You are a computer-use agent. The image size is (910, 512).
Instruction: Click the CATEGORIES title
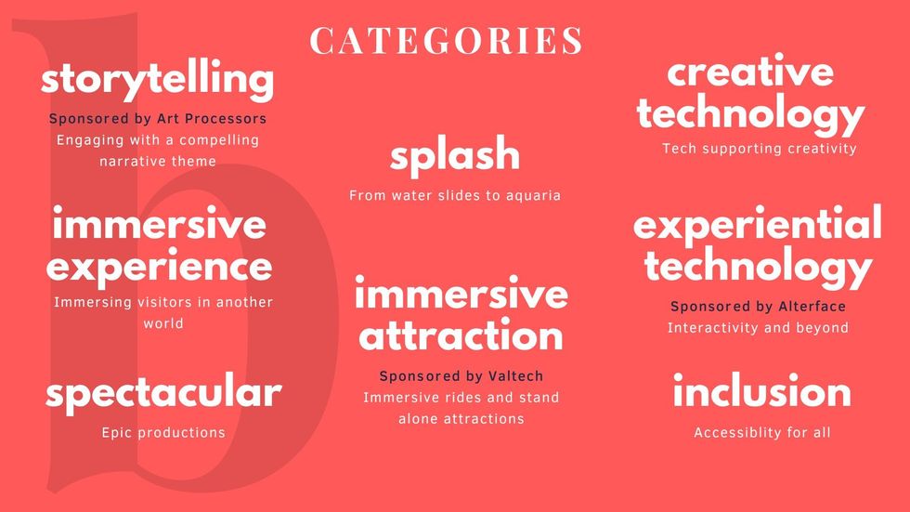point(446,40)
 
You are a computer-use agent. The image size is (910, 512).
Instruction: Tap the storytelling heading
point(157,80)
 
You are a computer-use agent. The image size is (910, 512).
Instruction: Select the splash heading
point(455,155)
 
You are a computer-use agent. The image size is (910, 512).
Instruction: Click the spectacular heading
point(163,393)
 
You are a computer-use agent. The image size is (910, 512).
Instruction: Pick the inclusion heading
point(762,389)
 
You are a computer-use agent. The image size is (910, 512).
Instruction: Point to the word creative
point(750,71)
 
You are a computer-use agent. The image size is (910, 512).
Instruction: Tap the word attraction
point(461,335)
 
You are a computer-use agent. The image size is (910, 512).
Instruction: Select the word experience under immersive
point(159,268)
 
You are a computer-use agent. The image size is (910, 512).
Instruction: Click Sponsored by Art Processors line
point(158,118)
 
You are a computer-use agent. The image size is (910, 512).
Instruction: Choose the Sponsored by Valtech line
point(461,376)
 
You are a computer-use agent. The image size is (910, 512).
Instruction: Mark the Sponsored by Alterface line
point(758,307)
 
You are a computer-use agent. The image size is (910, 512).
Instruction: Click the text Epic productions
point(163,432)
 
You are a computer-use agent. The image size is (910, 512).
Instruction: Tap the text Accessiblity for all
point(762,432)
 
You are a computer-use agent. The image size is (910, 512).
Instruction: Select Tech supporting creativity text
point(760,149)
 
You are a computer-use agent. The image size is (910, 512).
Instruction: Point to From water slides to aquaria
point(455,196)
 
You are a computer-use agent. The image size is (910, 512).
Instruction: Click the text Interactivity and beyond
point(758,328)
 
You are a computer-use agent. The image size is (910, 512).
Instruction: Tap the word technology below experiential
point(759,267)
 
